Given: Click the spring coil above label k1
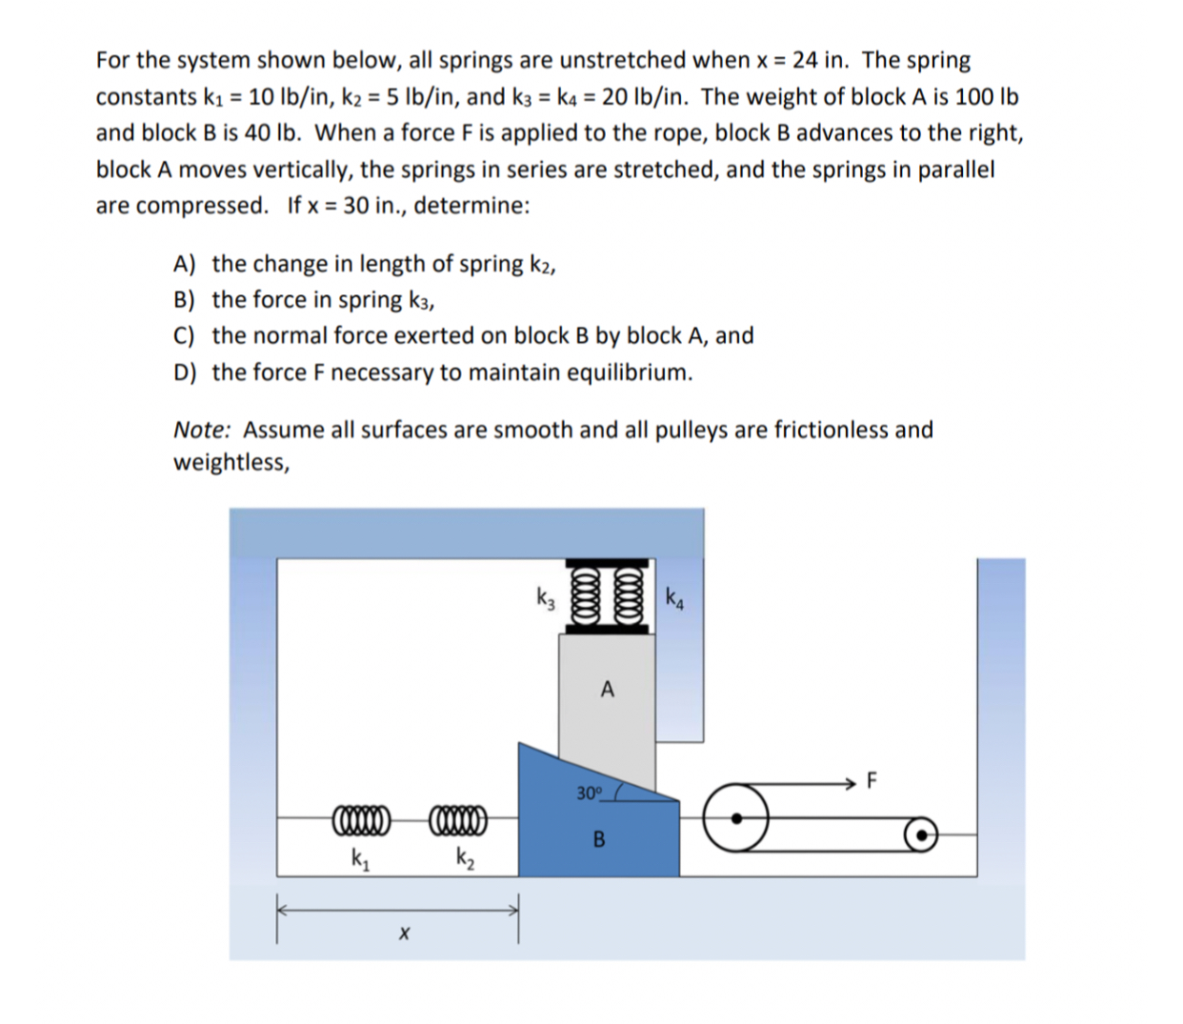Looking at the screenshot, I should (x=360, y=817).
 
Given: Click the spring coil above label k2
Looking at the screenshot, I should (x=459, y=817).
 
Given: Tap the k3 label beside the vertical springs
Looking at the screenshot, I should (x=545, y=599).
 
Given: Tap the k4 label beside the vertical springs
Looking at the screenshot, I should (x=674, y=599).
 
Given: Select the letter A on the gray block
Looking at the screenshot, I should (x=607, y=690).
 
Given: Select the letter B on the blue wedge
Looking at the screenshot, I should (x=599, y=840).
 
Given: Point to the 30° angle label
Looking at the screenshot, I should (x=590, y=792).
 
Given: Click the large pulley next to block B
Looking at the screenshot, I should (x=736, y=817).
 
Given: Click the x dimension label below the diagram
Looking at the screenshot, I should (x=403, y=936).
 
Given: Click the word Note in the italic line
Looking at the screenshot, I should (x=201, y=430).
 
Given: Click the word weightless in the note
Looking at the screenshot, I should (x=230, y=463).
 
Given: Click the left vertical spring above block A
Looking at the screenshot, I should (x=583, y=596).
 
